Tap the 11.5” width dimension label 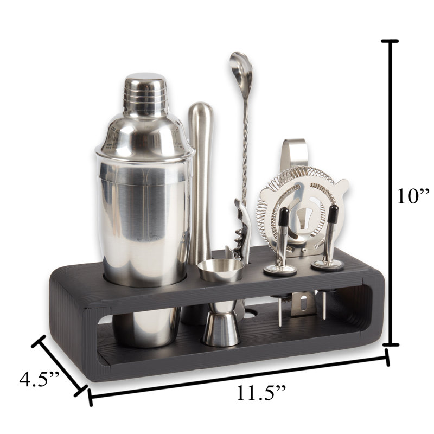pyautogui.click(x=254, y=392)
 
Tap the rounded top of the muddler pyautogui.click(x=201, y=111)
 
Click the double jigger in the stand pyautogui.click(x=221, y=304)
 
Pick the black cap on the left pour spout pyautogui.click(x=283, y=216)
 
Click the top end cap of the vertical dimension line pyautogui.click(x=390, y=41)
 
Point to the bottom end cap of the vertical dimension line pyautogui.click(x=390, y=344)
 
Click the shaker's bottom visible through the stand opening pyautogui.click(x=146, y=328)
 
